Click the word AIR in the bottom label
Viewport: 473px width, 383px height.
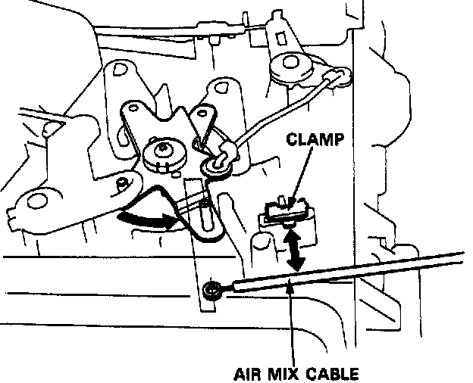tap(251, 373)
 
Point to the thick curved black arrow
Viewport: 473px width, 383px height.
tap(148, 220)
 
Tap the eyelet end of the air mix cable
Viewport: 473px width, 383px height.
tap(213, 288)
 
